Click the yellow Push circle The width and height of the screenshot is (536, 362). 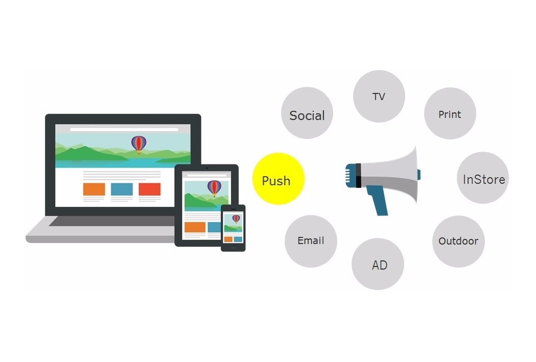point(278,179)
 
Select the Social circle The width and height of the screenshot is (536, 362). point(307,113)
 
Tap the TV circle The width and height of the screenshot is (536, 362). point(379,96)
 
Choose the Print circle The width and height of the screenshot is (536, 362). point(450,113)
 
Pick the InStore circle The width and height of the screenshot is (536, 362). point(483,178)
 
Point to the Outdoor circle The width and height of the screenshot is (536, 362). point(458,241)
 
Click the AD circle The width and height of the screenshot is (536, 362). point(378,264)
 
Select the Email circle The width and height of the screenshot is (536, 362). point(311,241)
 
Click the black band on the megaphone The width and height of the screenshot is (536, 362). point(358,176)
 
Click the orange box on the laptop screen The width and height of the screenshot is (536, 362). point(94,189)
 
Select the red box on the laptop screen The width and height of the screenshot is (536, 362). point(149,189)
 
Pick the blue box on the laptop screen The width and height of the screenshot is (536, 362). point(122,189)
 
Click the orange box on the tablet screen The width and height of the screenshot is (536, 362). point(195,227)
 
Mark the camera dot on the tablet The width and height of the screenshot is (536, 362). point(207,168)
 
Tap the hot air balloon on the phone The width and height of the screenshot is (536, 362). point(236,219)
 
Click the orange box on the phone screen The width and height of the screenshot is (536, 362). point(228,239)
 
